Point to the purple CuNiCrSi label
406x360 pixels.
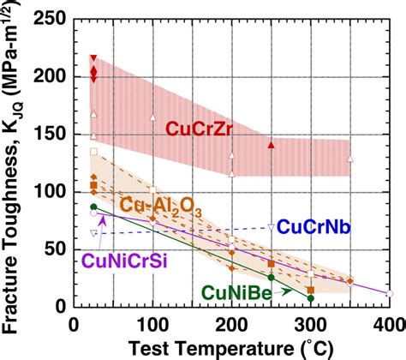122,257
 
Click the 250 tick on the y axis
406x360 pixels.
57,18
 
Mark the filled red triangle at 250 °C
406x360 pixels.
271,146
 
